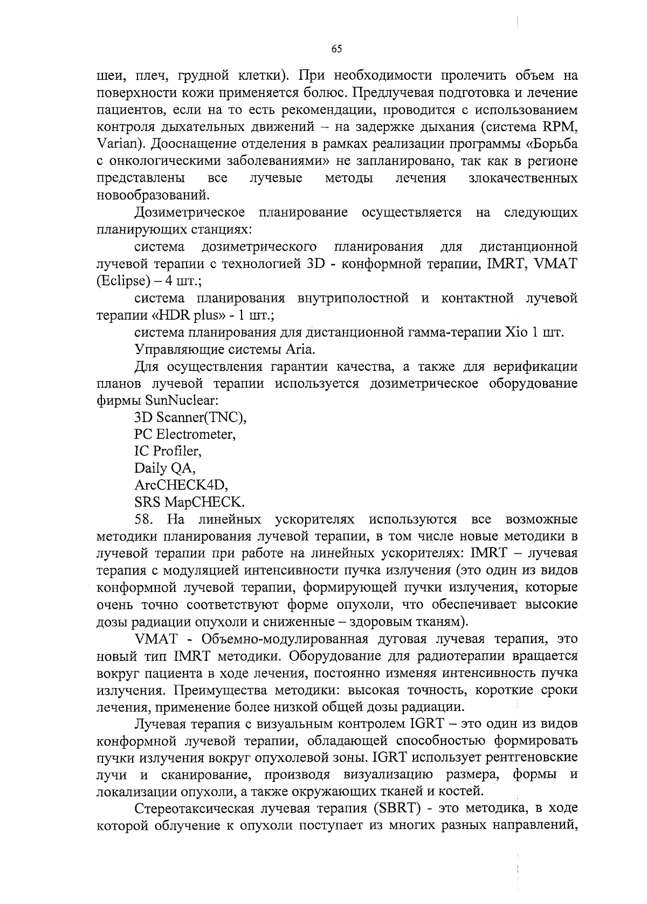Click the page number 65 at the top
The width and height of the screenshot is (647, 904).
[x=336, y=49]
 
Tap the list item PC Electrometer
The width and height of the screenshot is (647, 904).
[x=184, y=434]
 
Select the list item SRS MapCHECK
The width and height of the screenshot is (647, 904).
[x=189, y=502]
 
